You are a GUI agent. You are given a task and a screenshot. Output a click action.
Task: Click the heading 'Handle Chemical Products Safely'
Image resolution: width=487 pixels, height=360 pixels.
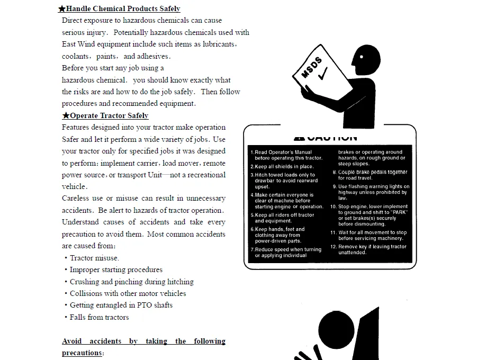point(123,8)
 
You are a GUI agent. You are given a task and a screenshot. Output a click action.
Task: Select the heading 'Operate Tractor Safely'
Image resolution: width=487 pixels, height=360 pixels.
point(109,115)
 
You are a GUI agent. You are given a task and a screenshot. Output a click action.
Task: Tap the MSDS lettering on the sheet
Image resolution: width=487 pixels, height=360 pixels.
point(311,67)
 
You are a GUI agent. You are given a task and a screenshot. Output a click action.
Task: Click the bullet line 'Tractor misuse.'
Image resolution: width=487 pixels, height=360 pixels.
point(94,258)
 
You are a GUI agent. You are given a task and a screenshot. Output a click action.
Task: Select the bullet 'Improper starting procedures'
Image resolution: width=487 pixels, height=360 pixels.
point(116,269)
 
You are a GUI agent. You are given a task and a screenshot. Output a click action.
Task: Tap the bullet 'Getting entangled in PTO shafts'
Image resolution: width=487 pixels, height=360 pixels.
point(121,305)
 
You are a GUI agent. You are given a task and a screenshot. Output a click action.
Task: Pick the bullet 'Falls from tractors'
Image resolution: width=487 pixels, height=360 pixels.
point(99,317)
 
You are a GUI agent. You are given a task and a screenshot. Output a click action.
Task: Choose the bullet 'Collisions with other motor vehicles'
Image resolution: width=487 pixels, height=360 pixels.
point(128,293)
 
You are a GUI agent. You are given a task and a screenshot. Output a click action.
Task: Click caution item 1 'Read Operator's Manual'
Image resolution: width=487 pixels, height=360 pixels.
point(286,155)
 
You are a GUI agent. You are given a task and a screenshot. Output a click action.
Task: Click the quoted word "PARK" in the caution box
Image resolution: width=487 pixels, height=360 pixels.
point(398,212)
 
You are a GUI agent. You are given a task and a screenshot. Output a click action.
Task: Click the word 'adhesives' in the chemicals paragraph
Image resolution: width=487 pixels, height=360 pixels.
point(153,56)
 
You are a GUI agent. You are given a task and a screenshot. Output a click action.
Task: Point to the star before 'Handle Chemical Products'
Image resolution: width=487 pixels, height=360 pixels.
point(62,8)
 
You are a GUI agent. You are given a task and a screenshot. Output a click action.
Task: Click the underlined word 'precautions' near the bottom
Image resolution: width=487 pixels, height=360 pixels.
point(82,353)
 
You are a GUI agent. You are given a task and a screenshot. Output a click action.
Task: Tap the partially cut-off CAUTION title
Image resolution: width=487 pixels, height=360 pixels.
point(326,138)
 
